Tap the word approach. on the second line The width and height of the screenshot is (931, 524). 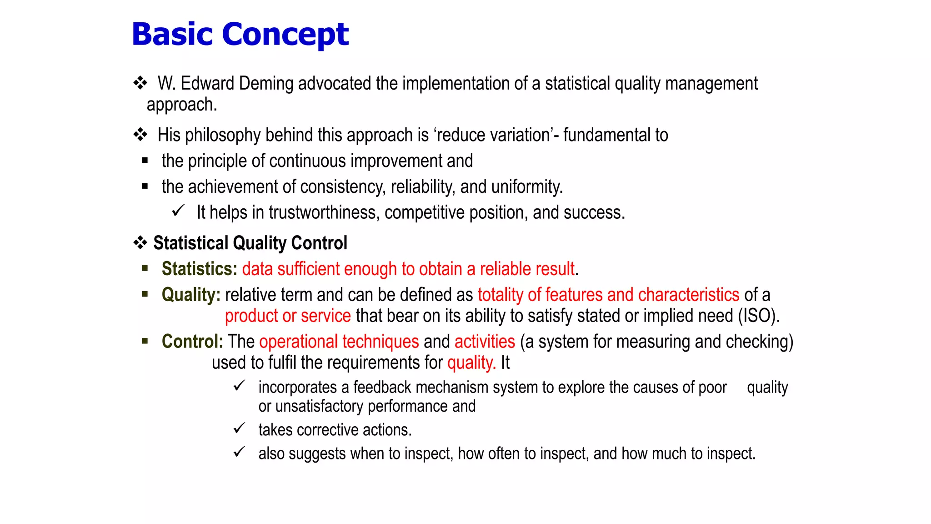click(x=181, y=105)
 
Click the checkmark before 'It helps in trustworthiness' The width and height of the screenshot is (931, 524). click(x=178, y=211)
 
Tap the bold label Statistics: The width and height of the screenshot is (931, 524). click(x=199, y=269)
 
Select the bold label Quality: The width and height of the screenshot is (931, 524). click(x=191, y=295)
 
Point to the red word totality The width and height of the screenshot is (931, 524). click(x=500, y=295)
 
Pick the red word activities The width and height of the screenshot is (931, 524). click(x=485, y=342)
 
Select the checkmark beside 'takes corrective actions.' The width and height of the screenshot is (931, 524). click(x=239, y=428)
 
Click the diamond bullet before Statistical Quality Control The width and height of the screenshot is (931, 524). click(x=140, y=243)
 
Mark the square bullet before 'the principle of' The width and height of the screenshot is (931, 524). click(x=145, y=160)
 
